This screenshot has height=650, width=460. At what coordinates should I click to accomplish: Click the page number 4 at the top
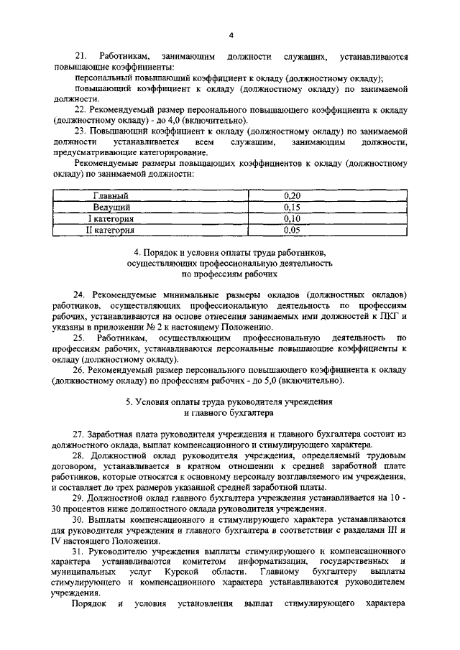pyautogui.click(x=231, y=34)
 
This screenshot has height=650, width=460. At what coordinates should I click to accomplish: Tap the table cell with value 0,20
pyautogui.click(x=292, y=195)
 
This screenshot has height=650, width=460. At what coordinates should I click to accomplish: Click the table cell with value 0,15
pyautogui.click(x=292, y=206)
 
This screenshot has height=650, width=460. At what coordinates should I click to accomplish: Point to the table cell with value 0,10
pyautogui.click(x=292, y=218)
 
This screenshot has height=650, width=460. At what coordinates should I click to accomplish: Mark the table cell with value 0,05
pyautogui.click(x=292, y=230)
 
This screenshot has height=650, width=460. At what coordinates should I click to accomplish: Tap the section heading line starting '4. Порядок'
pyautogui.click(x=230, y=252)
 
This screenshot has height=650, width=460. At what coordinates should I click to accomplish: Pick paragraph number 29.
pyautogui.click(x=80, y=496)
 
